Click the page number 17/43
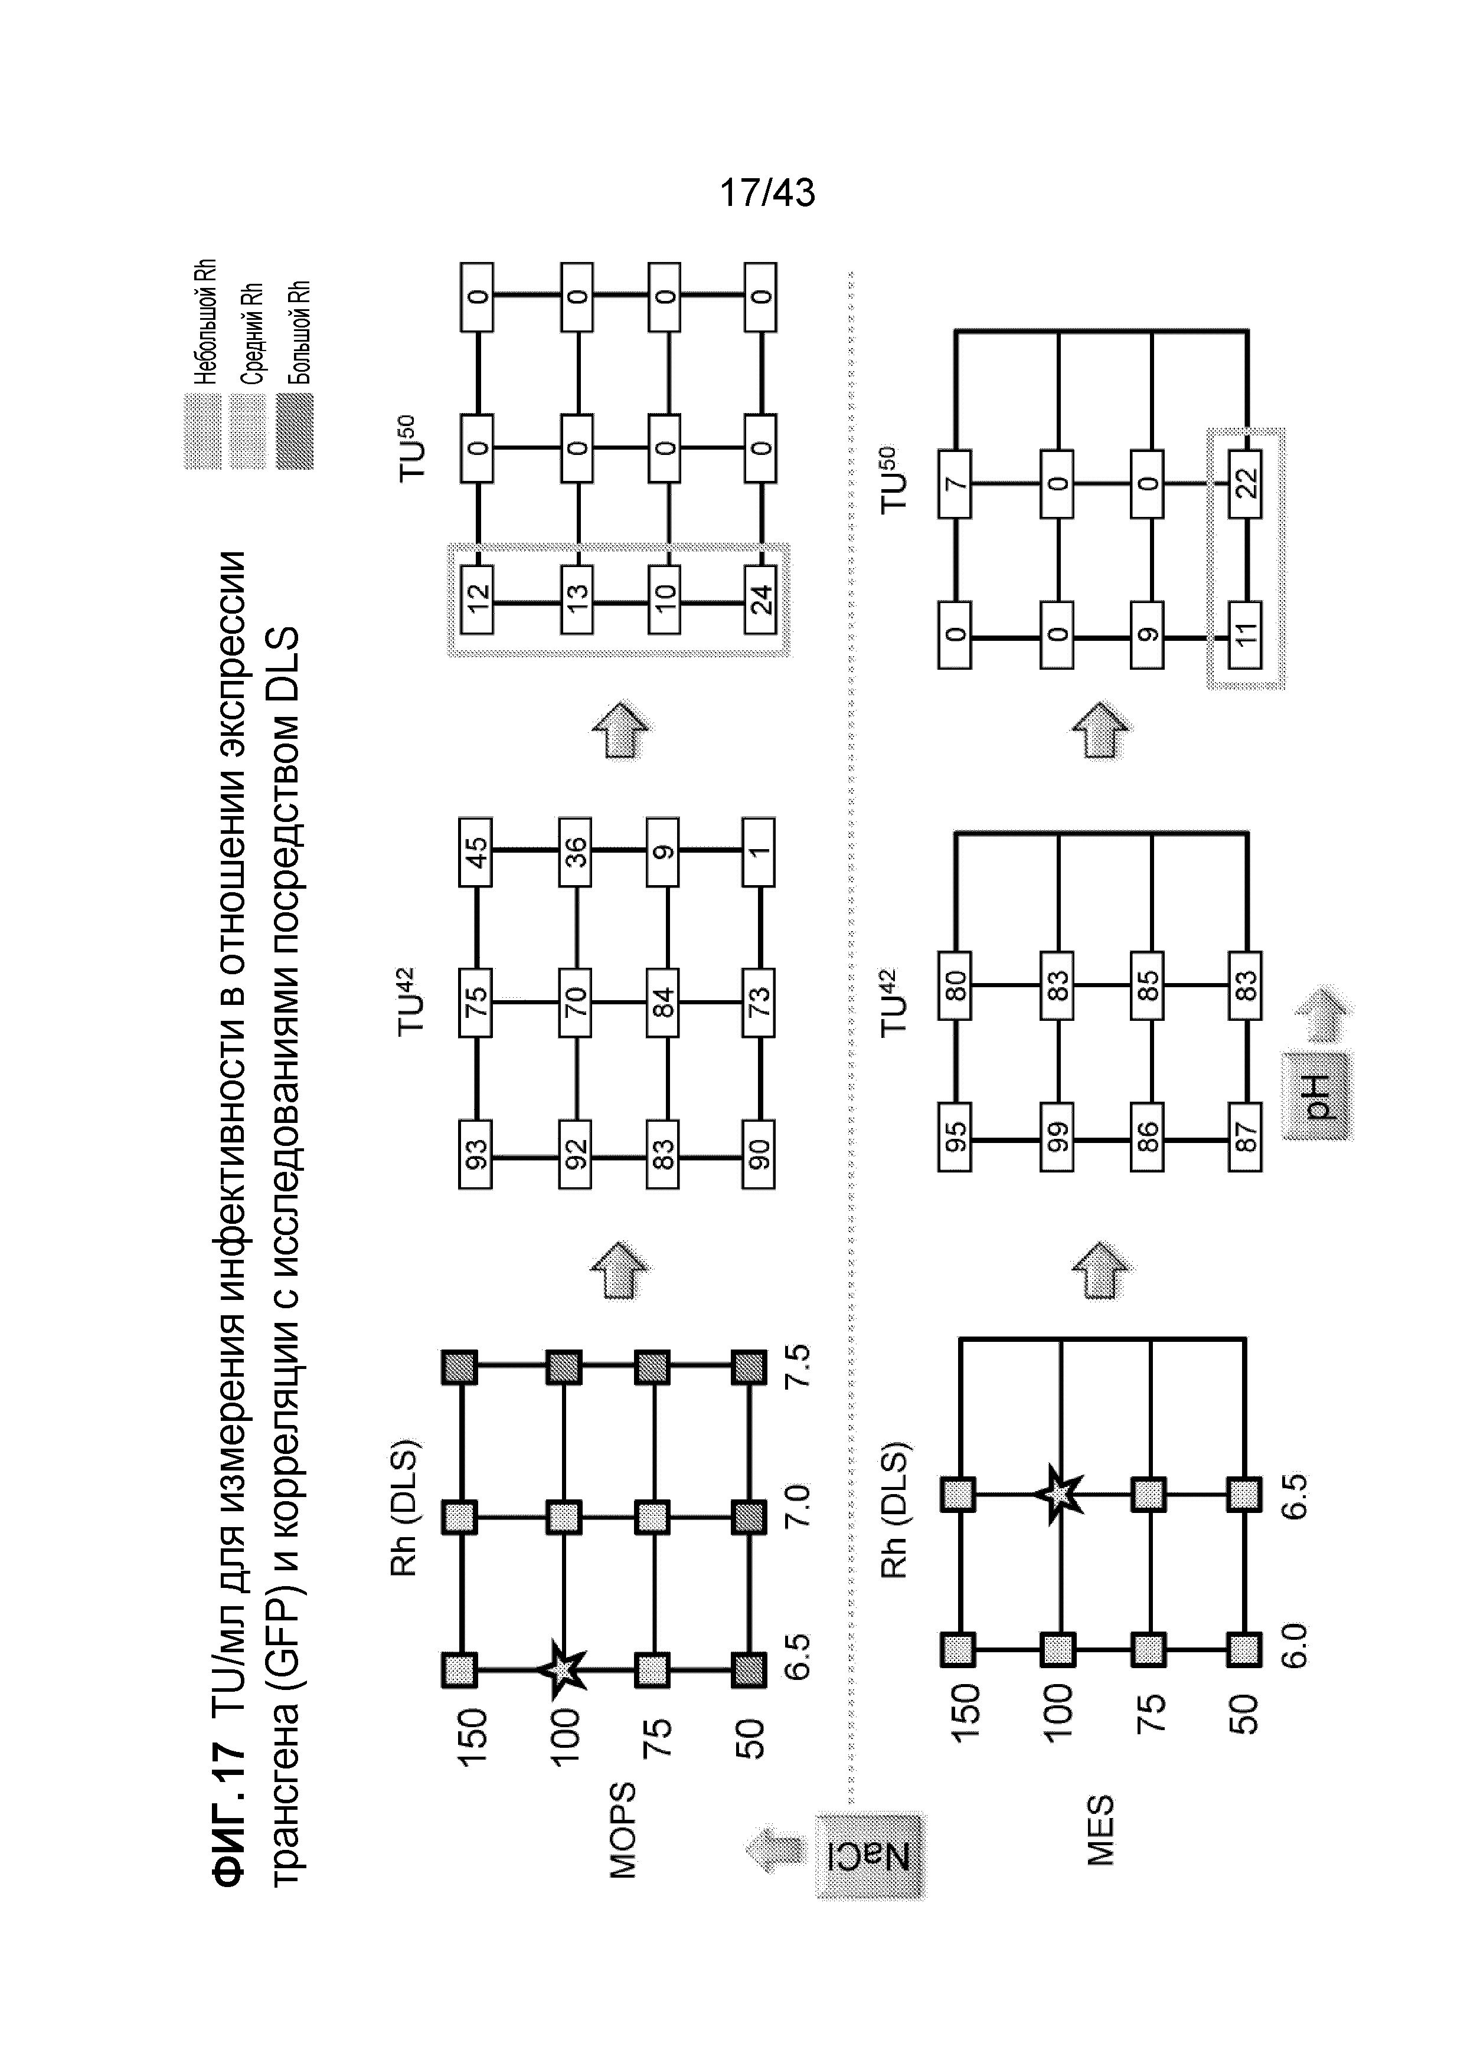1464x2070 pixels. pos(767,192)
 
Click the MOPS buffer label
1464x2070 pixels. pos(622,1829)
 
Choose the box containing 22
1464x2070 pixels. pos(1246,483)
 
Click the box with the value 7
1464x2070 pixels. pos(955,483)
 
